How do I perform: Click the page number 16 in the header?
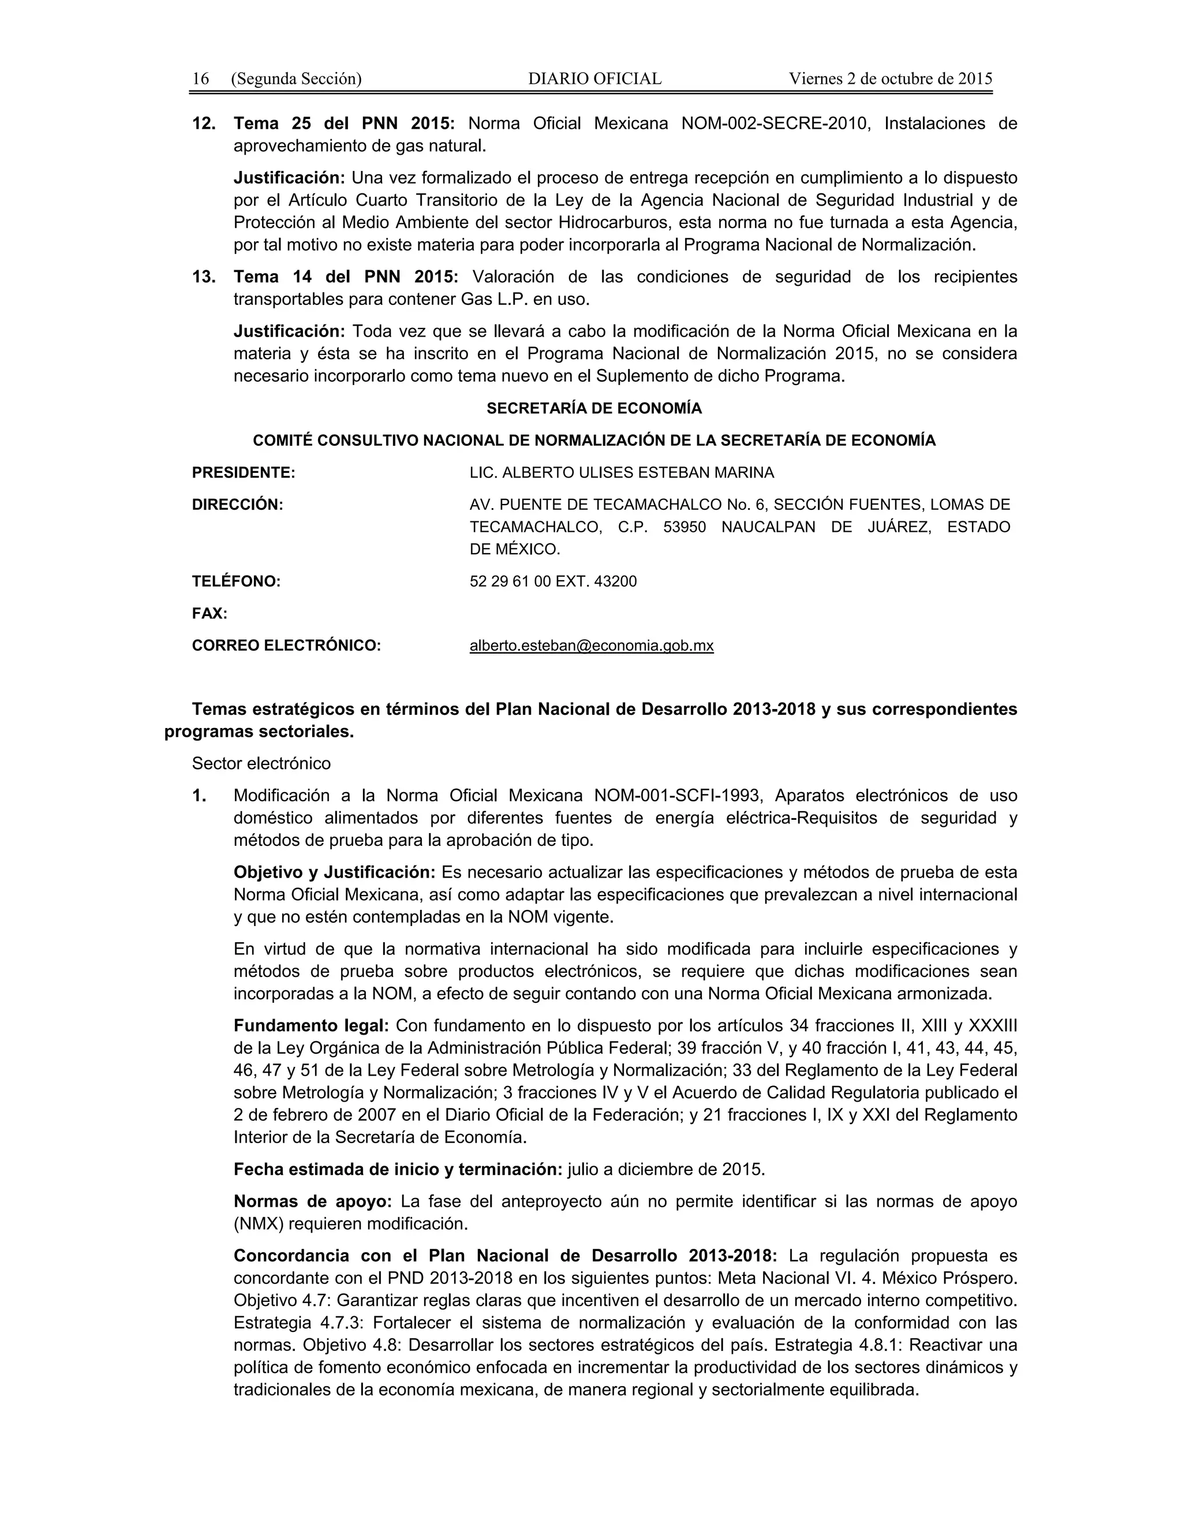click(x=200, y=79)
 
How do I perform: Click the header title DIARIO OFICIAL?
click(x=594, y=79)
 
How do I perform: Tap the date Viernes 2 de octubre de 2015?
click(x=890, y=79)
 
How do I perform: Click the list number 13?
click(x=204, y=277)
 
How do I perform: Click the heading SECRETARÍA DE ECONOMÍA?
click(x=594, y=408)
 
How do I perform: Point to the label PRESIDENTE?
click(x=244, y=473)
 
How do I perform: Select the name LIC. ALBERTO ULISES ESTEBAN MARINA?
click(x=621, y=473)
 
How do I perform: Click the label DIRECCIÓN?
click(x=237, y=505)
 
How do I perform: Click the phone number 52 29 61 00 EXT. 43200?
click(x=553, y=581)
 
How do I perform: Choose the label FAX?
click(x=210, y=614)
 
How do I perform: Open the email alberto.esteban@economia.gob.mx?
click(x=592, y=646)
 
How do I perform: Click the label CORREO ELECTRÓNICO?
click(x=286, y=646)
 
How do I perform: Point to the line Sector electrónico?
click(x=261, y=764)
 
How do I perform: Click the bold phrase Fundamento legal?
click(x=311, y=1025)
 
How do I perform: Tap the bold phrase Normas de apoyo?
click(x=312, y=1201)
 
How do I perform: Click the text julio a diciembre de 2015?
click(x=666, y=1169)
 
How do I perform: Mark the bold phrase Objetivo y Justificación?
click(x=335, y=872)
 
